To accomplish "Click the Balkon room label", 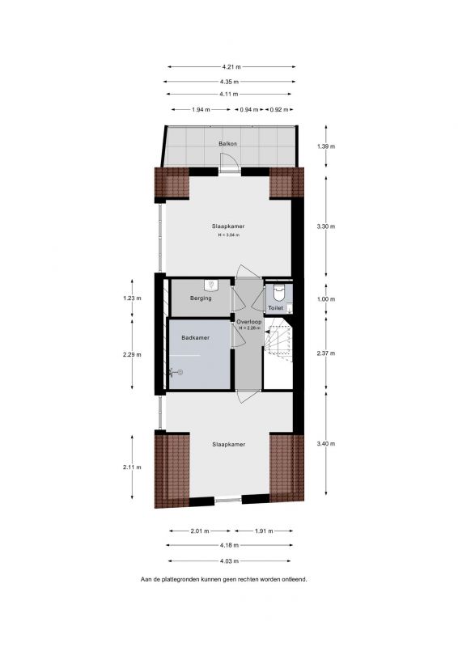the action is (x=228, y=144).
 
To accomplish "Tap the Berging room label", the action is (x=201, y=298).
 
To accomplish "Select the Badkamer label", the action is (x=195, y=337).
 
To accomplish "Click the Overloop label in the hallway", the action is (x=249, y=321).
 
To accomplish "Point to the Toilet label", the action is (x=275, y=308).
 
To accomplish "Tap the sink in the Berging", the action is (x=211, y=285).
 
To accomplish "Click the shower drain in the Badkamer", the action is (x=180, y=372).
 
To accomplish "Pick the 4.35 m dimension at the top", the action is (x=230, y=82).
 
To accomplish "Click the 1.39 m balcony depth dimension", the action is (x=326, y=146).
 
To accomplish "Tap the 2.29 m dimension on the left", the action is (x=132, y=354).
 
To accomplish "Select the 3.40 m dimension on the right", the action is (x=326, y=443).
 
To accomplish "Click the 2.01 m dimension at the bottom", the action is (x=200, y=531).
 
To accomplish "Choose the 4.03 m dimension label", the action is (x=230, y=560).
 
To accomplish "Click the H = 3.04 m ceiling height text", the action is (x=229, y=235).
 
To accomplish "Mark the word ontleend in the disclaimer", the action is (x=295, y=579).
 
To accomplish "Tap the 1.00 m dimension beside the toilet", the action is (x=326, y=298).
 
